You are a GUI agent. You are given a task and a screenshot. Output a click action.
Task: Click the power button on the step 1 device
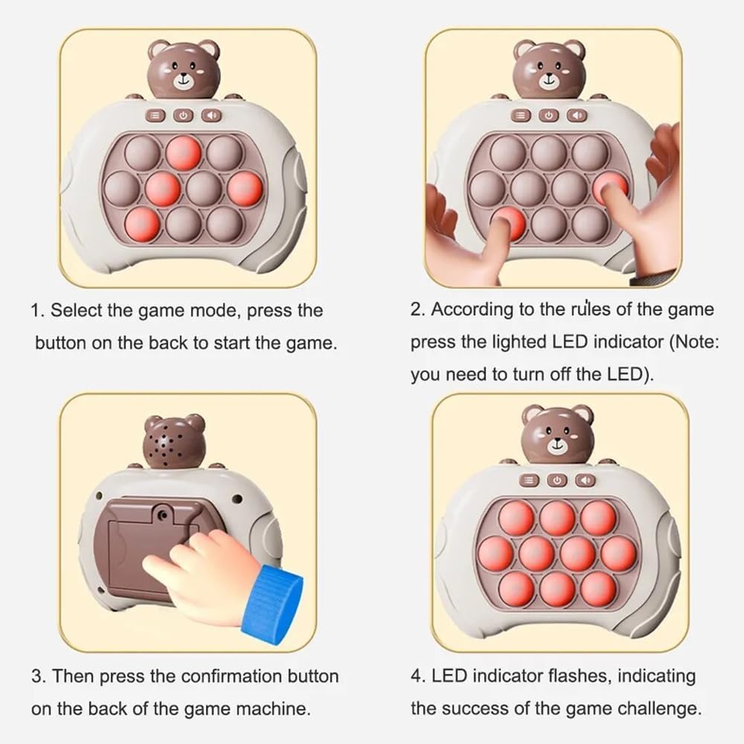[185, 115]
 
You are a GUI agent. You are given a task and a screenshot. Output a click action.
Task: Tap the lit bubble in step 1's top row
[183, 153]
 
